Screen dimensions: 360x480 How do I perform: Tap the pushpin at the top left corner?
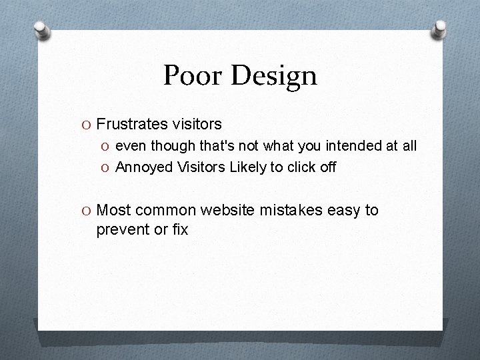(x=43, y=30)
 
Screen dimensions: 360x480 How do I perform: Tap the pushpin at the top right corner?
(x=439, y=29)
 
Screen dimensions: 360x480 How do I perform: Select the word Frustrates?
(x=130, y=124)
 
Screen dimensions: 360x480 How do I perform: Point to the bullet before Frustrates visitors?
(x=87, y=124)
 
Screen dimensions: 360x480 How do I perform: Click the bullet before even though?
(x=107, y=146)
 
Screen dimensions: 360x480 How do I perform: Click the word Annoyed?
(x=144, y=167)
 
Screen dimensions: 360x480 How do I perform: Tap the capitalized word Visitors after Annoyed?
(x=201, y=167)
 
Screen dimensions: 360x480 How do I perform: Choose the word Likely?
(x=248, y=167)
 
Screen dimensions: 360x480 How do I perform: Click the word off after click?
(x=328, y=167)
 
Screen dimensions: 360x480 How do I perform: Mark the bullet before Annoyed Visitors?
(x=107, y=167)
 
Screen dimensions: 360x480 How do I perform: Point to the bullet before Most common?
(x=87, y=211)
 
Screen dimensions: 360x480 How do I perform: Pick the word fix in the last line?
(x=179, y=231)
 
